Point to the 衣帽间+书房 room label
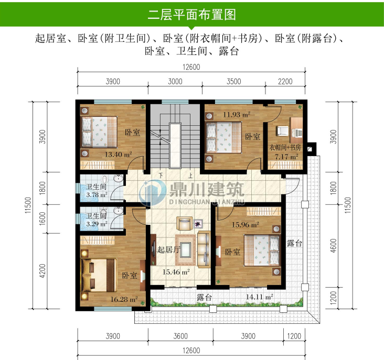(285, 147)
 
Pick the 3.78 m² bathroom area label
(97, 194)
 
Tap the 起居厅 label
(169, 250)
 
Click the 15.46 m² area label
(176, 271)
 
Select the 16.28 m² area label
(124, 300)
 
